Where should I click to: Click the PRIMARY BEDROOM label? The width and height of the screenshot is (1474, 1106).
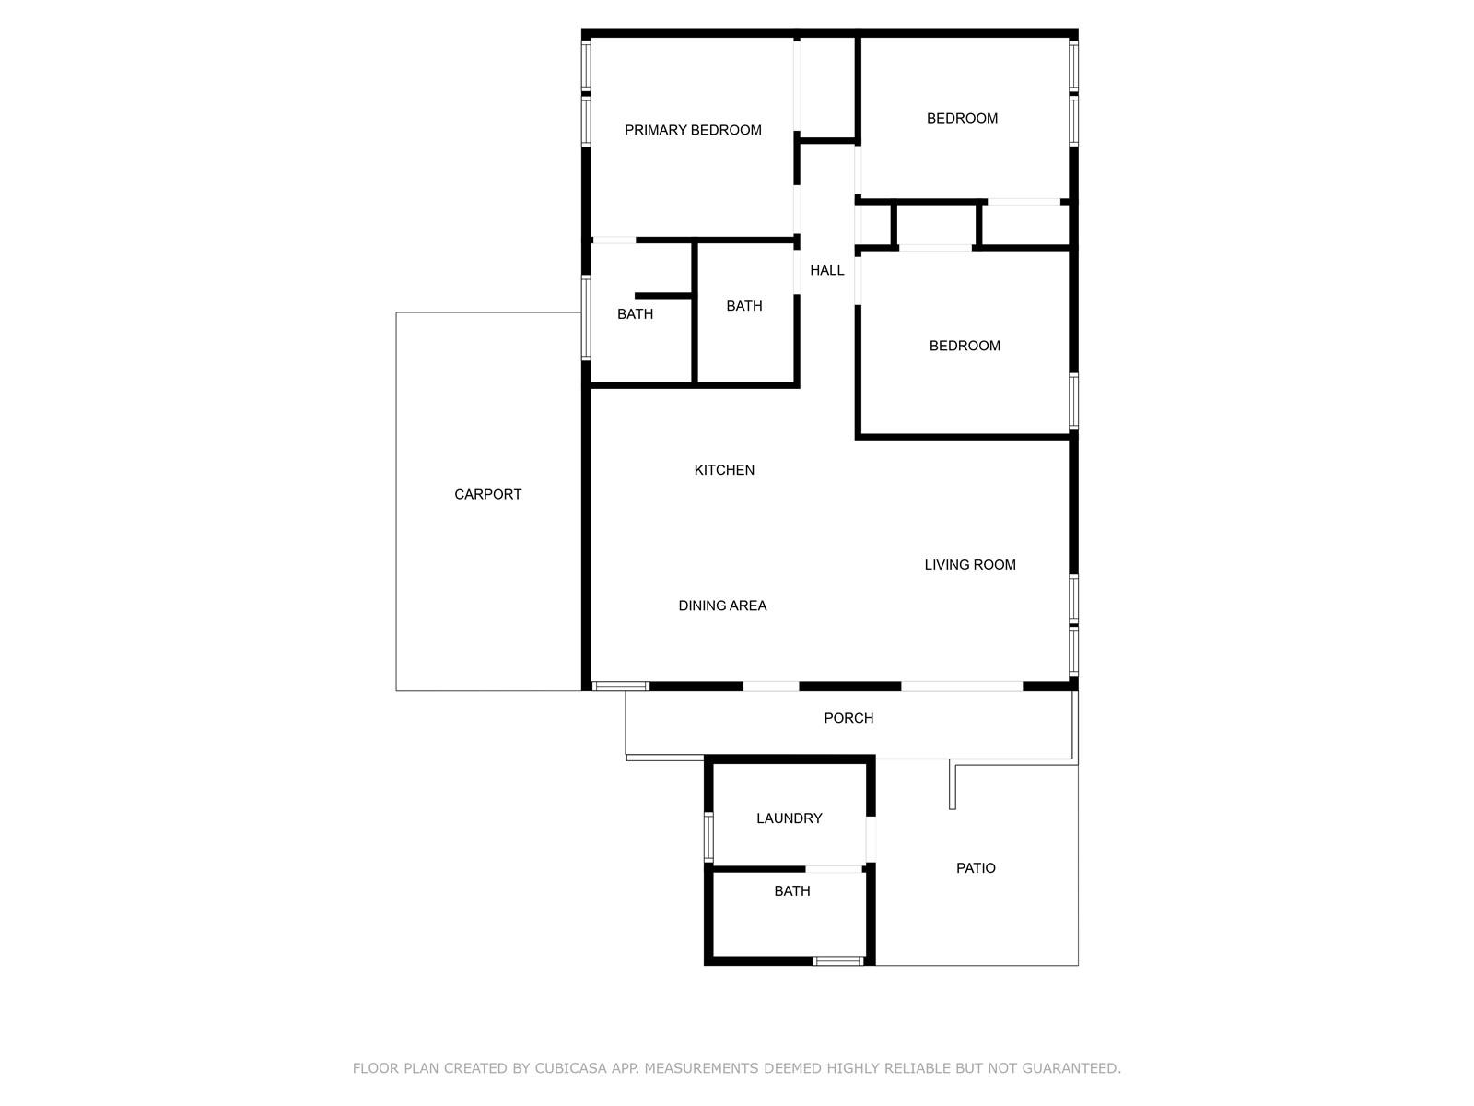pos(693,130)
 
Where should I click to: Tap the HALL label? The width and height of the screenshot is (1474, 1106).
pos(826,270)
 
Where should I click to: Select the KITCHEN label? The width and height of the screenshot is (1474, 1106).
pos(724,470)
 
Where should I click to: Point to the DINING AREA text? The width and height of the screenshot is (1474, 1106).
pos(722,606)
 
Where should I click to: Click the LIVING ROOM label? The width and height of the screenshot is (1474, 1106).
pos(969,565)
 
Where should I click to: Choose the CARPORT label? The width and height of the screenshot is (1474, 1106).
pos(487,494)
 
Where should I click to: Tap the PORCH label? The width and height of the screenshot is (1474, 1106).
pos(848,718)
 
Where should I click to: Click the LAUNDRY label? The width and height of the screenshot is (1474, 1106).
pos(789,818)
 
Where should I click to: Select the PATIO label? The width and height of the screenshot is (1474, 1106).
pos(975,867)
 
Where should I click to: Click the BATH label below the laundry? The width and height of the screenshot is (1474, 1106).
pos(791,890)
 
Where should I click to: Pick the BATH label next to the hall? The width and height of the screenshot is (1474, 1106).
pos(744,306)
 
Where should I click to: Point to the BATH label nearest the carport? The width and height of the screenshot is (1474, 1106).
pos(635,313)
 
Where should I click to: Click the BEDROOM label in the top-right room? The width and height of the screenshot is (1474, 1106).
pos(962,118)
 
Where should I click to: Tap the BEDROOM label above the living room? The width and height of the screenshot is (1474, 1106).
pos(965,346)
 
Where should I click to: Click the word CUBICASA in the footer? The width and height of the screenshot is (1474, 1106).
pos(570,1067)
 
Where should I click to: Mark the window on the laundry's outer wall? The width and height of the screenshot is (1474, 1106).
pos(708,837)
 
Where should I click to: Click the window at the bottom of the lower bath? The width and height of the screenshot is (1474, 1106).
pos(837,961)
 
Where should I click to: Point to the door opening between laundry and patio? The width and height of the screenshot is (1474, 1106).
pos(871,839)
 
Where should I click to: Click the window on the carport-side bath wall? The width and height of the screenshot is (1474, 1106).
pos(586,318)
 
